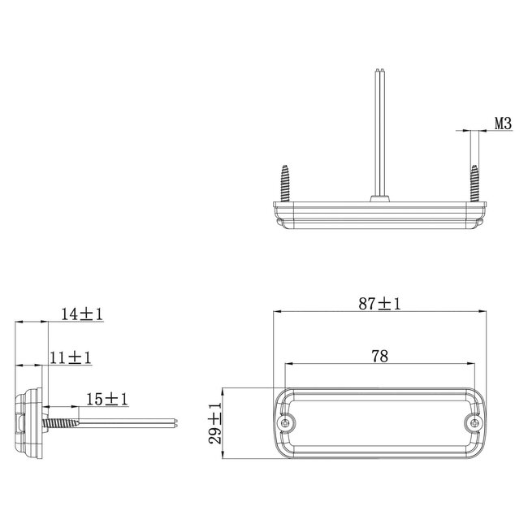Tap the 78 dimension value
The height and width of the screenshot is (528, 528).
point(379,355)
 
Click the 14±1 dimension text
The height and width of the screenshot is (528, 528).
point(82,314)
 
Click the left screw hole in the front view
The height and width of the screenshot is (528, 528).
point(286,423)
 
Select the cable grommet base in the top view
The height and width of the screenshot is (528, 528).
point(379,197)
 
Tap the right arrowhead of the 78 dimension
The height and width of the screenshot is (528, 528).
point(472,364)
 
